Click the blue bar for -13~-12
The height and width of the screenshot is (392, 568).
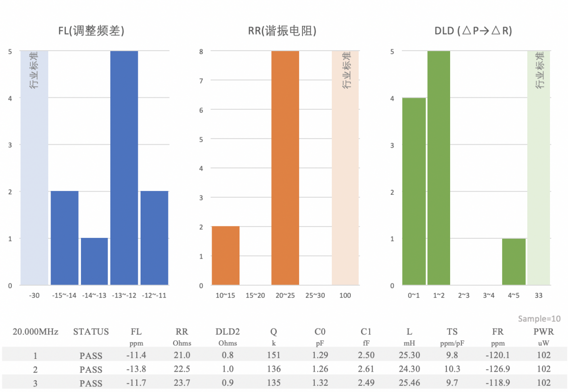point(124,168)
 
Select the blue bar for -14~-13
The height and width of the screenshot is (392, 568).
point(94,261)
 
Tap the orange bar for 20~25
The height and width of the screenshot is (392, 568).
point(285,168)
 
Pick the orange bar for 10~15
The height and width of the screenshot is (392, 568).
point(225,256)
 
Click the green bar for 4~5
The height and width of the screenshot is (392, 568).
point(514,261)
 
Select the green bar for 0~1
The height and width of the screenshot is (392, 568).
point(414,192)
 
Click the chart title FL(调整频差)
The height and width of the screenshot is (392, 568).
point(91,31)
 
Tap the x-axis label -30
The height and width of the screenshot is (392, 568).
point(34,296)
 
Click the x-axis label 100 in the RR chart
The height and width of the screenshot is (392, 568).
point(345,296)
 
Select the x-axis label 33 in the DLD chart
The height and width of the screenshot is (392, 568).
point(539,296)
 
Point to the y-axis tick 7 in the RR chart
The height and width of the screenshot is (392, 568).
point(201,80)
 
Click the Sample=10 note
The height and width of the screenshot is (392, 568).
point(539,319)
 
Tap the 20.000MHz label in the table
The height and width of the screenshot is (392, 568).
point(35,332)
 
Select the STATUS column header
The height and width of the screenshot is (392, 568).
point(91,332)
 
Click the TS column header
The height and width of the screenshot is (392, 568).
point(452,332)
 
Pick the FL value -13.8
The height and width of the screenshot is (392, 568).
point(136,369)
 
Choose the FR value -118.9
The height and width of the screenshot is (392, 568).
point(497,383)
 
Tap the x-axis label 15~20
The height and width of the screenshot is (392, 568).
point(255,296)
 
